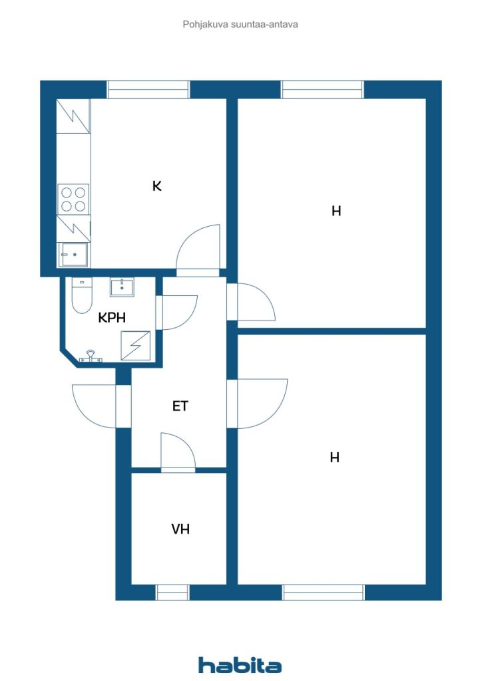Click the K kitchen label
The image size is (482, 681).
click(x=157, y=186)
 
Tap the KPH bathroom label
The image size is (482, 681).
click(x=112, y=317)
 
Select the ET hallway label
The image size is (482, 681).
click(x=180, y=406)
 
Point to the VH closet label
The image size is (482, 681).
click(x=180, y=529)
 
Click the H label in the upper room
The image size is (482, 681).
click(x=336, y=211)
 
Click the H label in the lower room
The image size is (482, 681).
click(x=334, y=458)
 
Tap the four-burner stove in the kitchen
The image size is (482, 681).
click(x=73, y=199)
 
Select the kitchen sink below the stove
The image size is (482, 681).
click(x=73, y=255)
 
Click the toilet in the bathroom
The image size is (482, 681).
click(x=82, y=295)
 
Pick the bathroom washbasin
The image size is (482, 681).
click(x=122, y=287)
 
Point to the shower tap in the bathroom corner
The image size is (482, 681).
click(x=91, y=356)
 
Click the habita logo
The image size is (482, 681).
click(x=240, y=664)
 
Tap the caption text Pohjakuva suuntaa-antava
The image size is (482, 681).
click(x=240, y=25)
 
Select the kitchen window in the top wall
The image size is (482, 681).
click(x=148, y=90)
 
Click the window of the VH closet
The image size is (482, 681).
click(x=172, y=593)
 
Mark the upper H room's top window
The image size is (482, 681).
click(x=322, y=90)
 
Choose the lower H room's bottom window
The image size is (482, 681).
click(x=323, y=593)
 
